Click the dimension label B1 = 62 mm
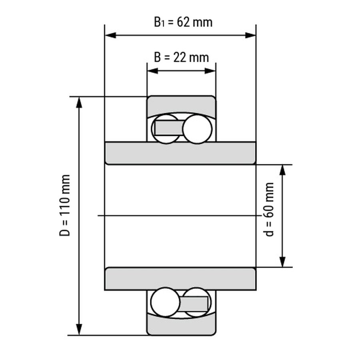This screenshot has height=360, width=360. click(183, 22)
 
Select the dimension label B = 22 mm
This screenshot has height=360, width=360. click(181, 57)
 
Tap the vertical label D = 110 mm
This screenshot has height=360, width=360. click(64, 205)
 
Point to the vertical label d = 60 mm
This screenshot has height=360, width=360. click(269, 209)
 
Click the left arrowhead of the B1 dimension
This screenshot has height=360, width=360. click(110, 35)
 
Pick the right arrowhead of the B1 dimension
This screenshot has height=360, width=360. click(250, 35)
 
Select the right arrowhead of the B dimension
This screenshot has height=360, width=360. click(210, 71)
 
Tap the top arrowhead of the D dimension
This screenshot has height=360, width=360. click(79, 102)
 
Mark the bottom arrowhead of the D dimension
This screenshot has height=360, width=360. click(79, 330)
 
